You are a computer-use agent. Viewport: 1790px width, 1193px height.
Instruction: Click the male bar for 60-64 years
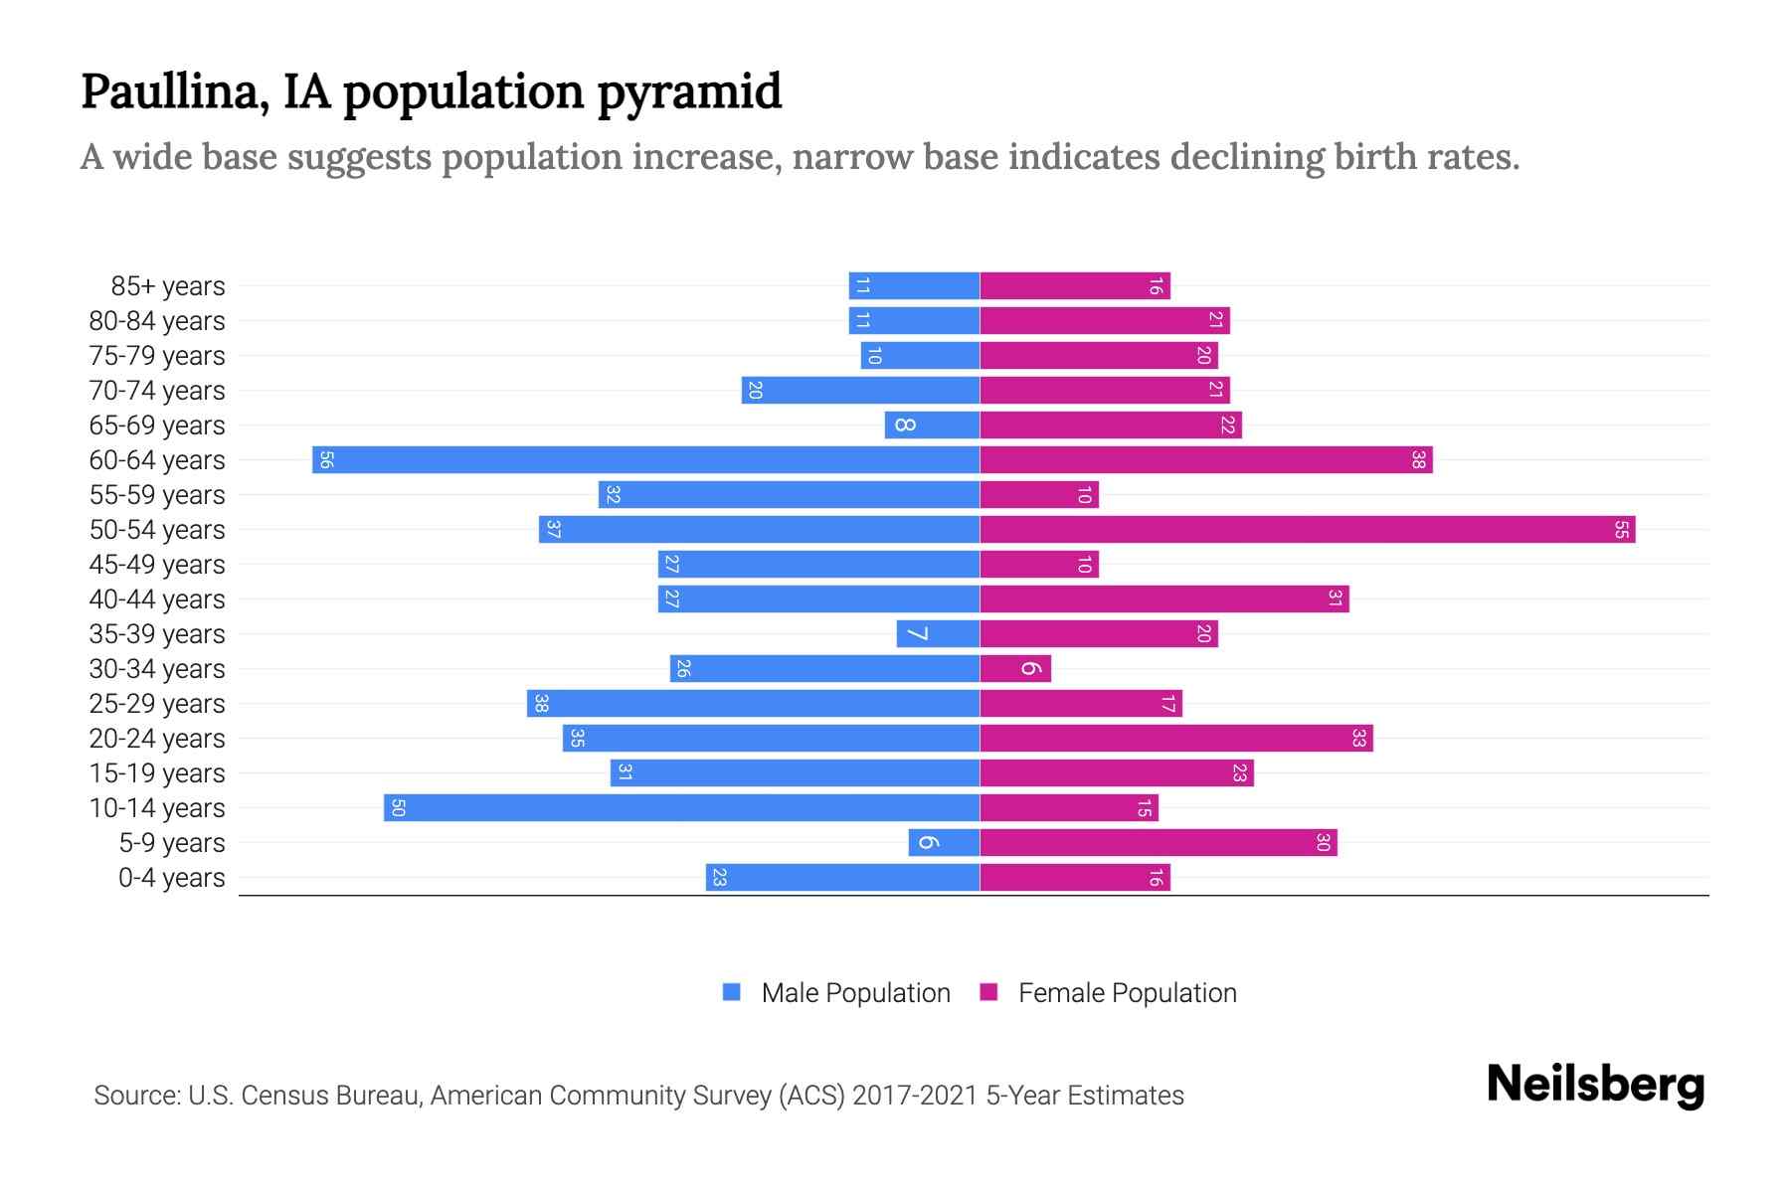[646, 460]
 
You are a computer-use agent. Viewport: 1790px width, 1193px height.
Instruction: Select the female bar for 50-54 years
[1308, 530]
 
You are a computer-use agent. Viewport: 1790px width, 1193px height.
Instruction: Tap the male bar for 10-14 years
[682, 808]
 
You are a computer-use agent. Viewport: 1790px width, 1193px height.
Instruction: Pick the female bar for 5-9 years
[1159, 843]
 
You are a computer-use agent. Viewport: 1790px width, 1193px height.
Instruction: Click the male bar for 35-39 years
[939, 634]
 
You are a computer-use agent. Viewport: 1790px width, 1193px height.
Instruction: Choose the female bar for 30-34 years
[1015, 669]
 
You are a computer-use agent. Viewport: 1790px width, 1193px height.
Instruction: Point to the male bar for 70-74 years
[861, 391]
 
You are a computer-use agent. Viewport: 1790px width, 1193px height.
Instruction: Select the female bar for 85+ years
[1075, 286]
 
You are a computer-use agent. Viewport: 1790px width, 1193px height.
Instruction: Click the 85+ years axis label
[168, 286]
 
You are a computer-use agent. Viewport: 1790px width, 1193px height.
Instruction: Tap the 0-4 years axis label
[171, 878]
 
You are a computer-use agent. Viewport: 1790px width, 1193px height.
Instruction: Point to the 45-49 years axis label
[157, 565]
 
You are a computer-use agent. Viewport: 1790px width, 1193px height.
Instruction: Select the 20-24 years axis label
[157, 739]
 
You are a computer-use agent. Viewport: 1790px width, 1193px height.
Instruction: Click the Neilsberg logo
[1595, 1084]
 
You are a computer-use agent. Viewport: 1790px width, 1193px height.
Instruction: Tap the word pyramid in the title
[689, 92]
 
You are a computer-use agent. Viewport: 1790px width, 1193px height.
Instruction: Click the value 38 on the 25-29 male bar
[541, 704]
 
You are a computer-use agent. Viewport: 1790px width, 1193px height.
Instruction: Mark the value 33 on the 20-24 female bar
[1359, 739]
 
